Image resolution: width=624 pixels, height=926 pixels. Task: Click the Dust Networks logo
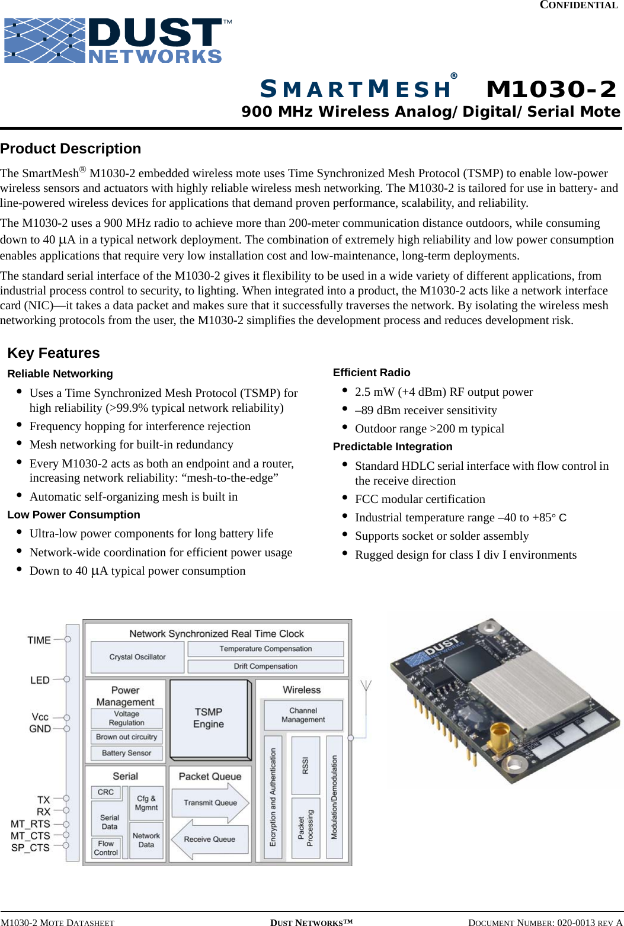click(117, 40)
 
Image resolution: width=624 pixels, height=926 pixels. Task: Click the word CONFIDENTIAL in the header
click(578, 5)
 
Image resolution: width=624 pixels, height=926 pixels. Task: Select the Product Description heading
click(71, 149)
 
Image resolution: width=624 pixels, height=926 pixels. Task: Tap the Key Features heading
click(53, 353)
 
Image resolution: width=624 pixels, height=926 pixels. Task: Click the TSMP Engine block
click(209, 718)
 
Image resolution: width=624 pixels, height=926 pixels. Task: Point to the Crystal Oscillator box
click(137, 657)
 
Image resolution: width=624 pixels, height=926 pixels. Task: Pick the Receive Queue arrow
click(209, 840)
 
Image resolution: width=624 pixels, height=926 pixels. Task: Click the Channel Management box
click(303, 715)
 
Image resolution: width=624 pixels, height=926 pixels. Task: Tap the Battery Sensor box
click(126, 753)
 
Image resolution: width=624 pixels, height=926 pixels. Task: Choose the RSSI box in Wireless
click(306, 765)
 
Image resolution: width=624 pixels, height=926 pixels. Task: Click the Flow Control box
click(106, 848)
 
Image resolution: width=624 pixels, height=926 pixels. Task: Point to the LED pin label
click(40, 680)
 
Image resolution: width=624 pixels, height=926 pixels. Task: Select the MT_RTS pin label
click(30, 824)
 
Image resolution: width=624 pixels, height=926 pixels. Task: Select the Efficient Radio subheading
click(372, 373)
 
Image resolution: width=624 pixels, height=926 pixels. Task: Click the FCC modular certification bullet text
click(420, 499)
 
